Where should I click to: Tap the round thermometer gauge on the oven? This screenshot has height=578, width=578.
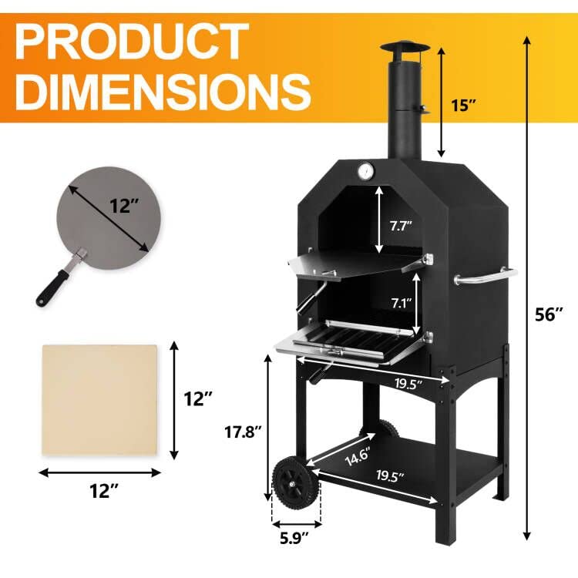pyautogui.click(x=365, y=170)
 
